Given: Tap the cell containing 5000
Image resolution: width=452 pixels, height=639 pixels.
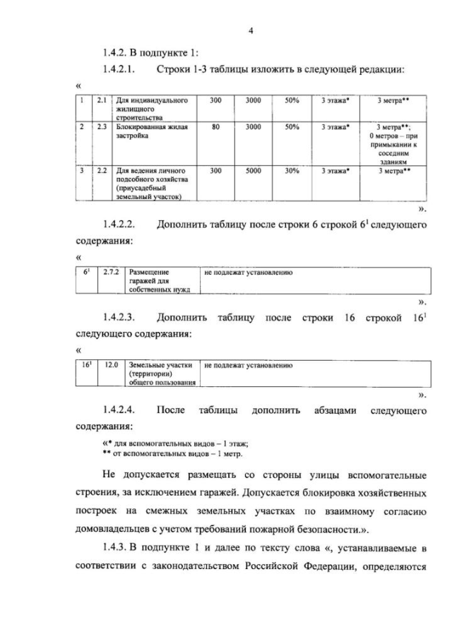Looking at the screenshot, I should (x=253, y=171).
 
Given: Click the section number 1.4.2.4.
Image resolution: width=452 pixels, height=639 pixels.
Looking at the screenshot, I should (x=119, y=410).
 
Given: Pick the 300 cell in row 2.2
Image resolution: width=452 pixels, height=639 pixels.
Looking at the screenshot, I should (x=216, y=171).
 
